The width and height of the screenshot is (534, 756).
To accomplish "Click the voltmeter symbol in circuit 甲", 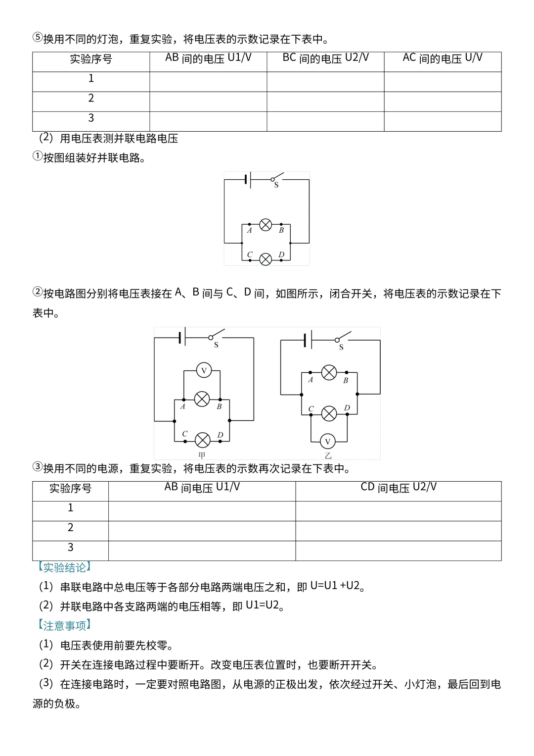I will click(204, 370).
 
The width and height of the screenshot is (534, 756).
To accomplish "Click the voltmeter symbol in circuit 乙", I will click(327, 441).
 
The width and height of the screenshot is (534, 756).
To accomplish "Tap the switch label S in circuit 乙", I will click(341, 348).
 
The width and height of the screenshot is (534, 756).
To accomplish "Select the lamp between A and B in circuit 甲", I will click(202, 399).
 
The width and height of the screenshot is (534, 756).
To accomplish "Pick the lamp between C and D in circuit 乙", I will click(329, 413).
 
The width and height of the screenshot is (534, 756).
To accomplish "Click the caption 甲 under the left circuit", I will click(202, 455).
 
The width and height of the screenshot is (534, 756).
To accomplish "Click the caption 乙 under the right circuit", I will click(328, 455).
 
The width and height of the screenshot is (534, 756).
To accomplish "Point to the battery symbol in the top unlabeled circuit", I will click(248, 180).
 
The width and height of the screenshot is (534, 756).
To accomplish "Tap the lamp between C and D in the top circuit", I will click(266, 259).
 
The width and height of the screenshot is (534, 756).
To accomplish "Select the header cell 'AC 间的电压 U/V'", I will click(443, 58).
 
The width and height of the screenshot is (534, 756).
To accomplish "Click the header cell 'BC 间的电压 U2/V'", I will click(325, 58).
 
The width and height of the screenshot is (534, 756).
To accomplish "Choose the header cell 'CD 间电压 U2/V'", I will click(399, 488).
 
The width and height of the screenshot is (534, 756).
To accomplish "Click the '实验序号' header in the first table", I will click(91, 59).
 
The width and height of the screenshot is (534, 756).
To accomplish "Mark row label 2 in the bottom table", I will click(70, 528).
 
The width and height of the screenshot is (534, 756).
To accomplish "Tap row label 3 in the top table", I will click(91, 118).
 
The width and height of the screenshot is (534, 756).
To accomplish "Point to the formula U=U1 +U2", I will click(335, 586).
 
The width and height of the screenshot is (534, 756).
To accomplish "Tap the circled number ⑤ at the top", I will click(38, 38).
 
